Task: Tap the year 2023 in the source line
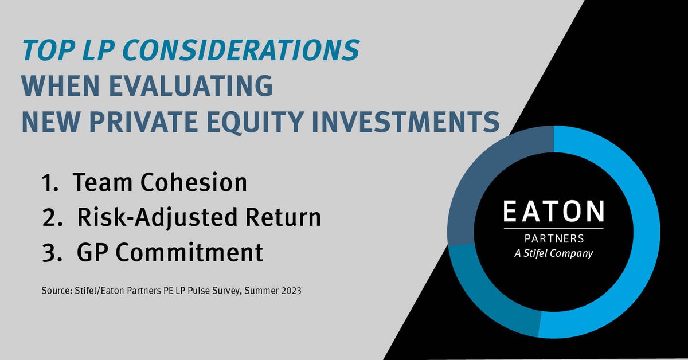click(x=290, y=291)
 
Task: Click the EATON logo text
click(x=553, y=211)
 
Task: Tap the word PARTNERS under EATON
click(x=553, y=238)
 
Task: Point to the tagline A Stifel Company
click(x=553, y=253)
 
